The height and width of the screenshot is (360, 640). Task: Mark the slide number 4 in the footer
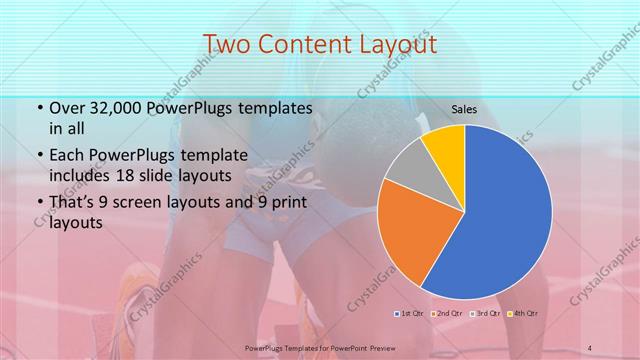pos(590,347)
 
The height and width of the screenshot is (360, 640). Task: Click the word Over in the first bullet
pos(67,108)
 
